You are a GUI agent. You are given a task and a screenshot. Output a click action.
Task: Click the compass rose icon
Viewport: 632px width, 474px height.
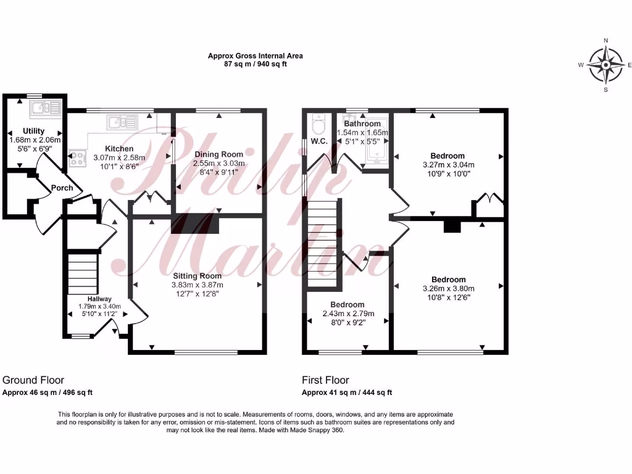[605, 65]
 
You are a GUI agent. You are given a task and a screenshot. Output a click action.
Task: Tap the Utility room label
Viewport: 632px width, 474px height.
[34, 131]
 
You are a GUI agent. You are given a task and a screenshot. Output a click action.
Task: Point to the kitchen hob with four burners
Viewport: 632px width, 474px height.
[78, 159]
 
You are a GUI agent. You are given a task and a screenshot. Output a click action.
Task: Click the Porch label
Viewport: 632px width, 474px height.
[62, 188]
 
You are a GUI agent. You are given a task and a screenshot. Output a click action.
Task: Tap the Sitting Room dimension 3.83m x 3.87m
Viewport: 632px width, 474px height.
[197, 285]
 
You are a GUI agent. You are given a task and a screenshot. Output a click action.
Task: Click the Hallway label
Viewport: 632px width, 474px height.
[99, 299]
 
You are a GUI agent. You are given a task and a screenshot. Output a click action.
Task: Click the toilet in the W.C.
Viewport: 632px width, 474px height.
[318, 123]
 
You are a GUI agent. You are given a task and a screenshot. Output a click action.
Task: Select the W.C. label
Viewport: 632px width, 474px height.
[319, 141]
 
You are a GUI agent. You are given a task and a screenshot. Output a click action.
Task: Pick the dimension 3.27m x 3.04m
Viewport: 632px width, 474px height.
[448, 165]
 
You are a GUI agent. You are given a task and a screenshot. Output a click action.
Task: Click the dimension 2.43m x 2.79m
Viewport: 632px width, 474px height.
[347, 314]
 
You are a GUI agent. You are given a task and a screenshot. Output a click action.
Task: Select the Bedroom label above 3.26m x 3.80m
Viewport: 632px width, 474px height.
[449, 280]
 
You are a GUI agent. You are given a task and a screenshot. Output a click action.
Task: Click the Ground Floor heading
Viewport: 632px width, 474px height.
[33, 380]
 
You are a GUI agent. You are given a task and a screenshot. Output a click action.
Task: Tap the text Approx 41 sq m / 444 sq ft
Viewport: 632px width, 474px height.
[347, 393]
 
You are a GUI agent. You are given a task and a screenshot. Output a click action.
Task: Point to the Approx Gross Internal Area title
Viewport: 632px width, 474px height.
[256, 56]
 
